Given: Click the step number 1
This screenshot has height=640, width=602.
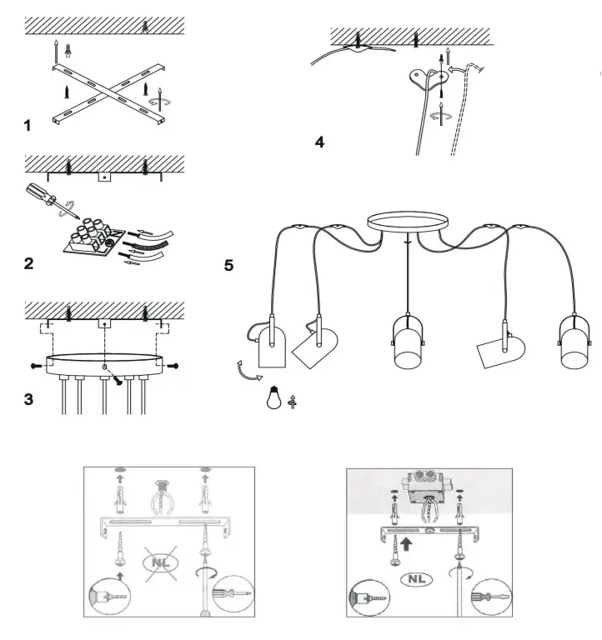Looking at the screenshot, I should pos(28,126).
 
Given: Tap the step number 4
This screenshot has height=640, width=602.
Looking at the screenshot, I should pos(319,142).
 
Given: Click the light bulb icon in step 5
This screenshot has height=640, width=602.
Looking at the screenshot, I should pos(273,398).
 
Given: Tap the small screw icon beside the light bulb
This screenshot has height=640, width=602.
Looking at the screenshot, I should pos(292,400).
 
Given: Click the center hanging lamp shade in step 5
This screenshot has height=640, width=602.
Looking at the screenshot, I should pos(406,342).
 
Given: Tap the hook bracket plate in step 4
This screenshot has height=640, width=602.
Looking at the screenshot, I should pos(430,78).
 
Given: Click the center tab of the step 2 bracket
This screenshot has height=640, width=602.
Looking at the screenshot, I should pos(103,176).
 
